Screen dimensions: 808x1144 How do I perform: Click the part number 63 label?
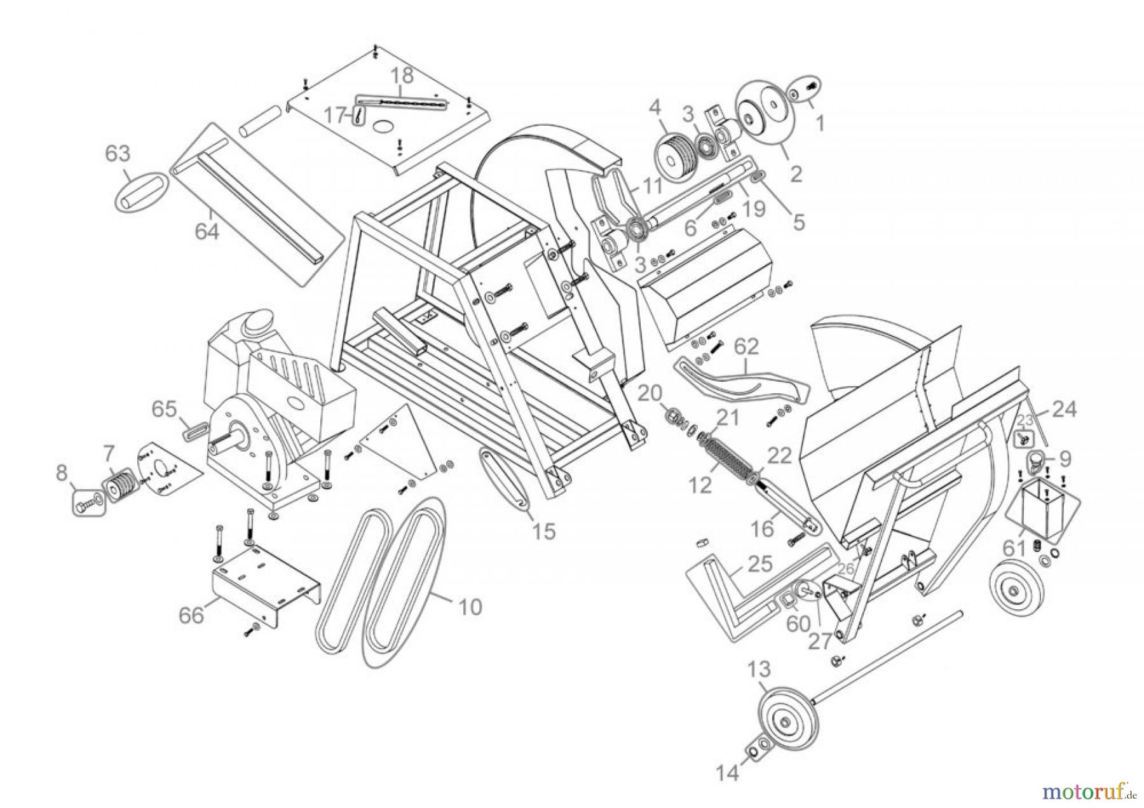click(x=118, y=154)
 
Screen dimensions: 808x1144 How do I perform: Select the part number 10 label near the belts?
click(x=470, y=607)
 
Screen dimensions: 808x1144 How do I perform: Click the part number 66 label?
click(x=191, y=615)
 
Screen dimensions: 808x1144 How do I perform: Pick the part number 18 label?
click(x=402, y=75)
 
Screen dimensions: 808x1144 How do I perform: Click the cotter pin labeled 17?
click(x=360, y=116)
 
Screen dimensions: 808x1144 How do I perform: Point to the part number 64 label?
click(x=207, y=231)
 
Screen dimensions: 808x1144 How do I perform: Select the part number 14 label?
click(x=728, y=773)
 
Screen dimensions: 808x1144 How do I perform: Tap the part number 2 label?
click(x=796, y=173)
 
